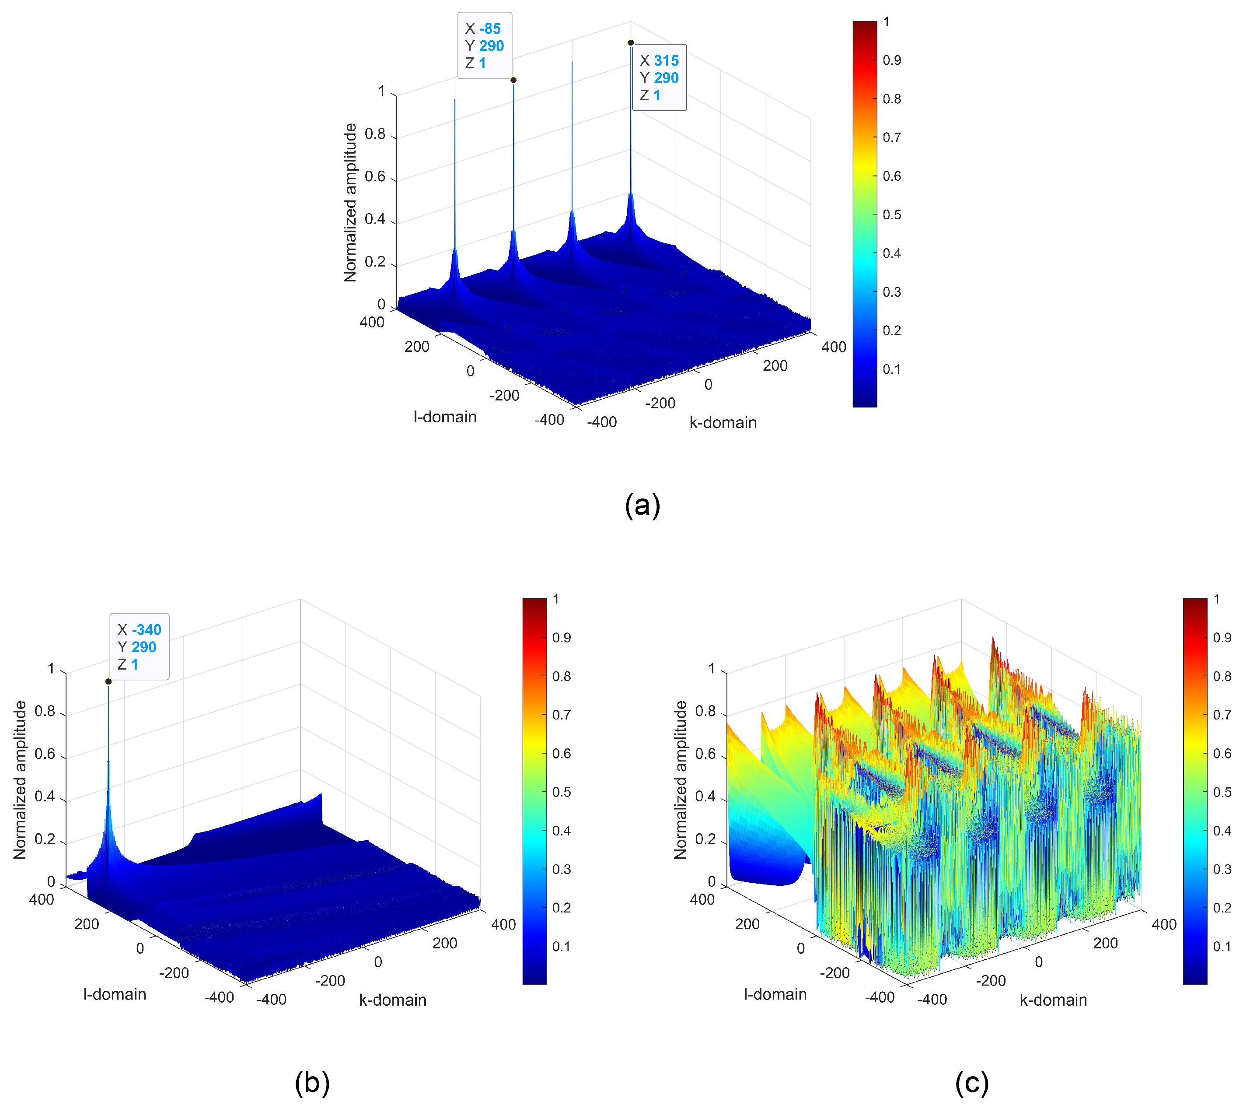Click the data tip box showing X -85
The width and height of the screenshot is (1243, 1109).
[484, 46]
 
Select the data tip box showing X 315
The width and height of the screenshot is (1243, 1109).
[659, 77]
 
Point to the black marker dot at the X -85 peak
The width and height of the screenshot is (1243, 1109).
[513, 80]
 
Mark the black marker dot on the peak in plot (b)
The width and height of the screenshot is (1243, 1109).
[108, 681]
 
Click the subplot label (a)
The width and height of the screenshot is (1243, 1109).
[642, 506]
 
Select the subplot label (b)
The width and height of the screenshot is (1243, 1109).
[312, 1083]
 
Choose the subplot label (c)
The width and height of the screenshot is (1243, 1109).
[971, 1083]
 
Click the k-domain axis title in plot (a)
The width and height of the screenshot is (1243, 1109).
[723, 422]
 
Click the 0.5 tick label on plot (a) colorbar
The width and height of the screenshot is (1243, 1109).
[892, 214]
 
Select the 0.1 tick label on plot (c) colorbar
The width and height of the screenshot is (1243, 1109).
[1222, 946]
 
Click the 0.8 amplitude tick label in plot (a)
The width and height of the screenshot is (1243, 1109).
[375, 134]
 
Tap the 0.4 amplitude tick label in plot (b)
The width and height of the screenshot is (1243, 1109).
[45, 797]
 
